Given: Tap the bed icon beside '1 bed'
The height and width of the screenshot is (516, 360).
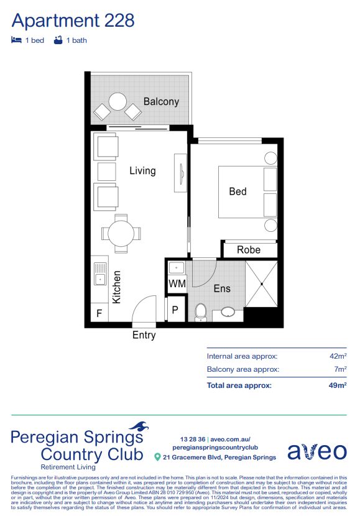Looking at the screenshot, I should click(17, 40).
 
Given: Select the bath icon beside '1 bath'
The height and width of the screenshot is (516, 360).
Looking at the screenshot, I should click(58, 40).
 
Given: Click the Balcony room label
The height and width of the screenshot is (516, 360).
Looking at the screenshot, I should click(161, 101).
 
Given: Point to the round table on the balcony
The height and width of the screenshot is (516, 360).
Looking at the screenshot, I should click(117, 101).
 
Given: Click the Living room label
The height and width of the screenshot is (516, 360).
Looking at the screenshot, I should click(142, 170).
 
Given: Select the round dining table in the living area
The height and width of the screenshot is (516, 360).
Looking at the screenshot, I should click(121, 234).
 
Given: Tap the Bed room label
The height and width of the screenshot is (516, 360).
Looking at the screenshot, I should click(238, 191).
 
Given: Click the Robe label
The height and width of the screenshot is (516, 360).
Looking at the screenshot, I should click(249, 250).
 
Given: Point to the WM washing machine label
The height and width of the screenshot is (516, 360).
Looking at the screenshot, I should click(177, 284).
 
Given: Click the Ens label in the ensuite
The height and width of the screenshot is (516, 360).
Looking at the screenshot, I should click(222, 288).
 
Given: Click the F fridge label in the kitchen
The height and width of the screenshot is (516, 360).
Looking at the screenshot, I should click(98, 314).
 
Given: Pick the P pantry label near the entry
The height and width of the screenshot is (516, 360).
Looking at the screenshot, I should click(175, 309).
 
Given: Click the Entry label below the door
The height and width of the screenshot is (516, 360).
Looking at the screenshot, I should click(144, 335).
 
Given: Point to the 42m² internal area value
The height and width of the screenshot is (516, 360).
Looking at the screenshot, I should click(338, 356).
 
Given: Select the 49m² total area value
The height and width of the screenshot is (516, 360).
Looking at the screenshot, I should click(337, 385).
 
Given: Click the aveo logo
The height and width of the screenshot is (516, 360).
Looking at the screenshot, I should click(316, 451).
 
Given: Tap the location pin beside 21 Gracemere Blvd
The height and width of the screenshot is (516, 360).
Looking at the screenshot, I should click(157, 458).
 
